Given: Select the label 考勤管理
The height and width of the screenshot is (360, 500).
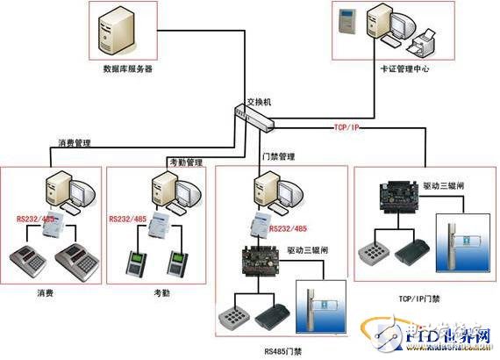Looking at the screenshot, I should pos(186,162).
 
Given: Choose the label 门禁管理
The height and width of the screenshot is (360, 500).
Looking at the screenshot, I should pos(278,157).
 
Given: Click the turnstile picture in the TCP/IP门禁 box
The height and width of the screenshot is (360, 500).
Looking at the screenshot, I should pos(456,247).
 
